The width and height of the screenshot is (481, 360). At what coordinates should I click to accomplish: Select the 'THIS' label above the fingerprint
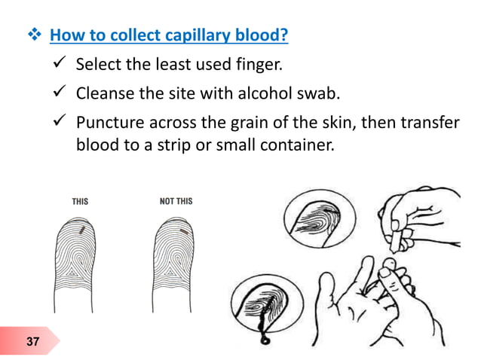pos(80,201)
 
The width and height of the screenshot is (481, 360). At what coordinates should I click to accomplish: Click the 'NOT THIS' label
pos(176,201)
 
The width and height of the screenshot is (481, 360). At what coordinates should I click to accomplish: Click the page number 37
pos(32,343)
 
